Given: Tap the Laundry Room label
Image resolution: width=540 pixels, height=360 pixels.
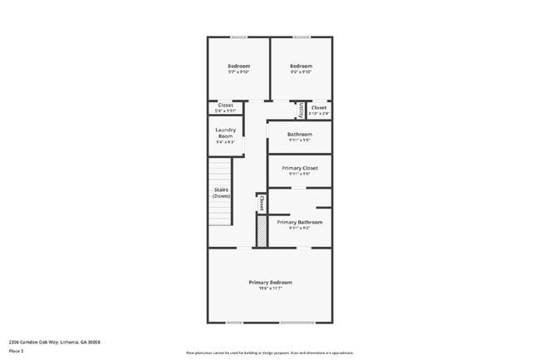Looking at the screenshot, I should (225, 132).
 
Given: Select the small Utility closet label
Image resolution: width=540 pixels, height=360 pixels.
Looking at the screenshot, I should (299, 109).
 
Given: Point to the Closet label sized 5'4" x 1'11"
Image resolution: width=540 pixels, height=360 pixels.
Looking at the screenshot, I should (225, 106).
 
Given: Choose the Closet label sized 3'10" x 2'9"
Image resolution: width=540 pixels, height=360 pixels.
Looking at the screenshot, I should (319, 107).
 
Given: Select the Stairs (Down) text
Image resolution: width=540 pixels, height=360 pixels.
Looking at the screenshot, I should (221, 192).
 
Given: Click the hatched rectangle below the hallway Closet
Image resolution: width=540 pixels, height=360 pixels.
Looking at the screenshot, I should (261, 230).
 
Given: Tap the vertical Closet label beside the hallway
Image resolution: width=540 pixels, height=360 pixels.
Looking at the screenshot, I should (261, 202).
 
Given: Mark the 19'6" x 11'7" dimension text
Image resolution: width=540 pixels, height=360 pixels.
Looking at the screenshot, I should (270, 288).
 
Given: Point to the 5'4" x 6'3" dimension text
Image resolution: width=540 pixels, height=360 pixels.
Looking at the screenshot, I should (225, 142).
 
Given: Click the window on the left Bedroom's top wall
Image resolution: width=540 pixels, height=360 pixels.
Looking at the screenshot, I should (238, 37).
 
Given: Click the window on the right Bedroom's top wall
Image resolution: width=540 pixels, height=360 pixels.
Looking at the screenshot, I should (302, 37).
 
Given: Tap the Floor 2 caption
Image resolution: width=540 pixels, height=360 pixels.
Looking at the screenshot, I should (16, 352).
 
